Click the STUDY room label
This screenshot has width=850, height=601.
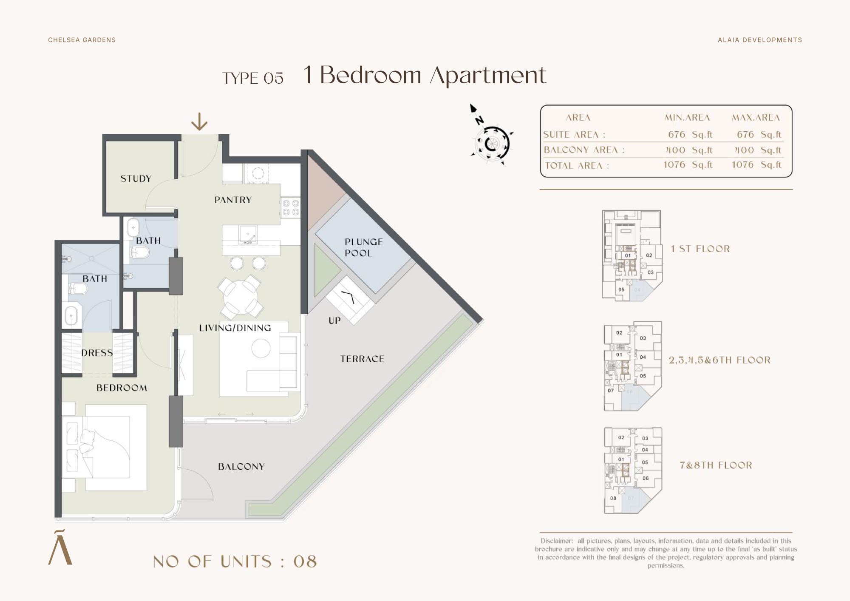[136, 179]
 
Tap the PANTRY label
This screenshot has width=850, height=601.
[233, 200]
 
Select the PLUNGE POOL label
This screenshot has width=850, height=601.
[364, 247]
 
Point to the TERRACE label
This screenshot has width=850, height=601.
[362, 359]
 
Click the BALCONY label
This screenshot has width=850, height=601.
[241, 466]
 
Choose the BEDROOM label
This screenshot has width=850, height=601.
[122, 388]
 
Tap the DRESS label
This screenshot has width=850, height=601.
[97, 353]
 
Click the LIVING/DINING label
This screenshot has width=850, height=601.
[235, 328]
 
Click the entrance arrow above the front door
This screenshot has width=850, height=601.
[199, 122]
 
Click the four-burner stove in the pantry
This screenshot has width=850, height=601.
[291, 207]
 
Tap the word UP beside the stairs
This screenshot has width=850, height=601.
[334, 320]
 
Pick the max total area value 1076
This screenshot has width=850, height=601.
[742, 165]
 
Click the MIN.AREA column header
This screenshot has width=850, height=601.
[687, 118]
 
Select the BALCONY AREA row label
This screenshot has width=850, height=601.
[584, 150]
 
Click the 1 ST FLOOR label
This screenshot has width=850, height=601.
[700, 249]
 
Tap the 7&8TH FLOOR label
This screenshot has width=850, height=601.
[716, 465]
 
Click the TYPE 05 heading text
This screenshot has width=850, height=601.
[253, 78]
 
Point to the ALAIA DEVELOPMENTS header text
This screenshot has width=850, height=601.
[760, 40]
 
